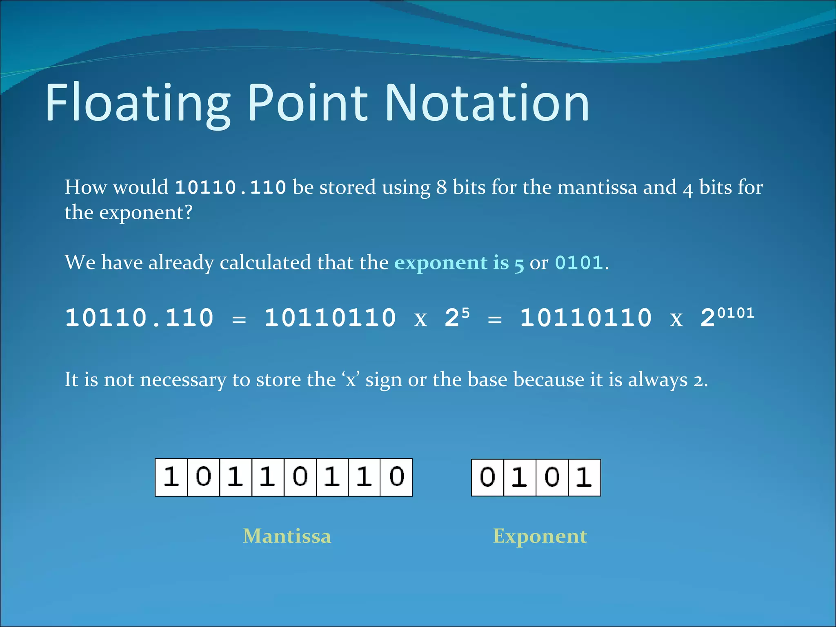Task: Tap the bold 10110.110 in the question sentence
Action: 230,188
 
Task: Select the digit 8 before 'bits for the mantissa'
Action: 441,188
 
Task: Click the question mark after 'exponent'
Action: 188,213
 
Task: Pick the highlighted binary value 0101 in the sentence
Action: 579,262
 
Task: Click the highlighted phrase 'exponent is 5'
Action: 459,262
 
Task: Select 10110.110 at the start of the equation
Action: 139,318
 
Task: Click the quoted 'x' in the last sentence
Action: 351,380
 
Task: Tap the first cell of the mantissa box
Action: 171,477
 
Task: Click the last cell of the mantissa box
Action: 396,477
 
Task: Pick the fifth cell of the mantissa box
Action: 300,477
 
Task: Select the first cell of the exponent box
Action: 487,477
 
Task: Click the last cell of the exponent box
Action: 584,477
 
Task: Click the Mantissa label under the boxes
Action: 287,536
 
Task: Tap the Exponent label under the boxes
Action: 540,536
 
